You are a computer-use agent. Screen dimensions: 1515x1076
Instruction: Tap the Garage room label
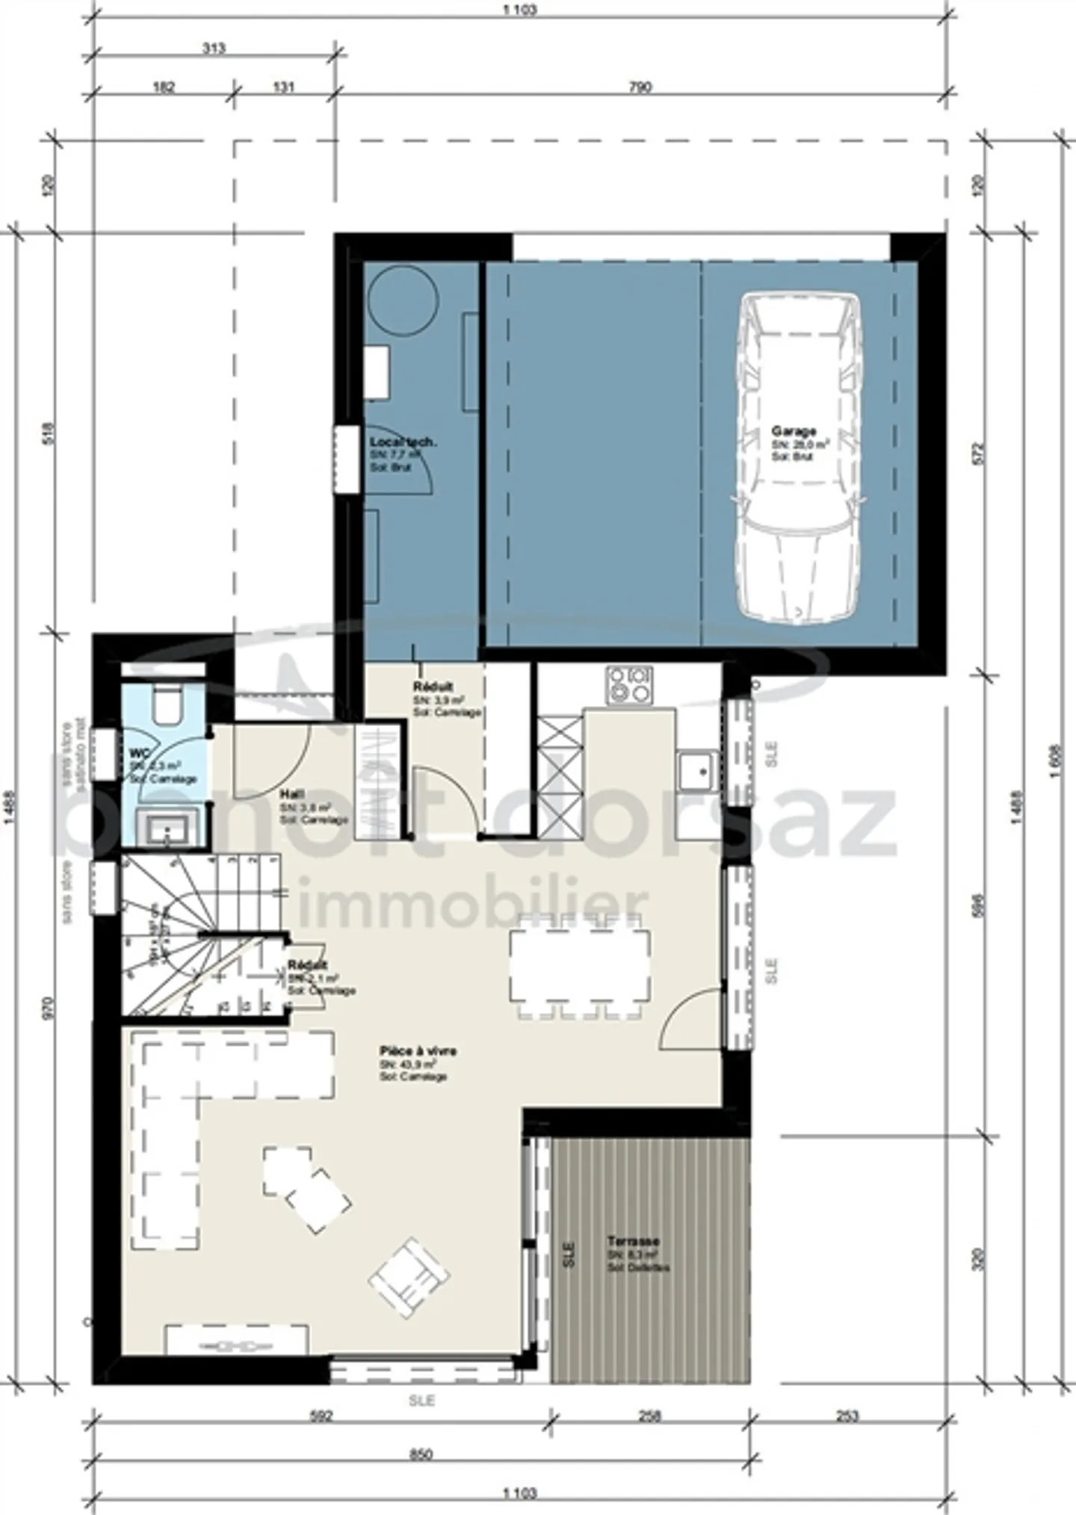pyautogui.click(x=794, y=431)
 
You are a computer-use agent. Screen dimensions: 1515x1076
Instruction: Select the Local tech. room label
pyautogui.click(x=403, y=442)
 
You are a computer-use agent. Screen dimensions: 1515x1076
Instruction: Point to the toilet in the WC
pyautogui.click(x=167, y=704)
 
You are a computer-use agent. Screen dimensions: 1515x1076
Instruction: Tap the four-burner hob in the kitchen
pyautogui.click(x=629, y=685)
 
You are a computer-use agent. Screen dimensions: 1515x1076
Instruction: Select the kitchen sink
pyautogui.click(x=697, y=771)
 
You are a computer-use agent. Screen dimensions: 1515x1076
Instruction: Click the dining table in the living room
pyautogui.click(x=579, y=965)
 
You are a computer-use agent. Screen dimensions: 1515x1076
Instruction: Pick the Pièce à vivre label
pyautogui.click(x=418, y=1051)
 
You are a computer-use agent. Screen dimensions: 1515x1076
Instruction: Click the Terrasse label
pyautogui.click(x=633, y=1242)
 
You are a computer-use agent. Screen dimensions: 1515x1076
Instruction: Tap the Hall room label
pyautogui.click(x=291, y=794)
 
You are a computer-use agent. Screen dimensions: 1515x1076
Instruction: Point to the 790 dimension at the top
pyautogui.click(x=640, y=87)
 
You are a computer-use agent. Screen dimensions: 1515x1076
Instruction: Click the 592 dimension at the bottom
pyautogui.click(x=321, y=1416)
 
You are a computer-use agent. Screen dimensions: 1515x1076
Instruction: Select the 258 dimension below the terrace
pyautogui.click(x=651, y=1416)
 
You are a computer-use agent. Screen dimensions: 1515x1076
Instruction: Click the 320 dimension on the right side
pyautogui.click(x=981, y=1259)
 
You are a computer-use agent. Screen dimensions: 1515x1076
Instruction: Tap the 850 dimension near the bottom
pyautogui.click(x=421, y=1454)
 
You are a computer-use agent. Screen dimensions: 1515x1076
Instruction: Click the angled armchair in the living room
pyautogui.click(x=409, y=1275)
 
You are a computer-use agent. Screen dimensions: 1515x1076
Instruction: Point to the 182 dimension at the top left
pyautogui.click(x=164, y=87)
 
